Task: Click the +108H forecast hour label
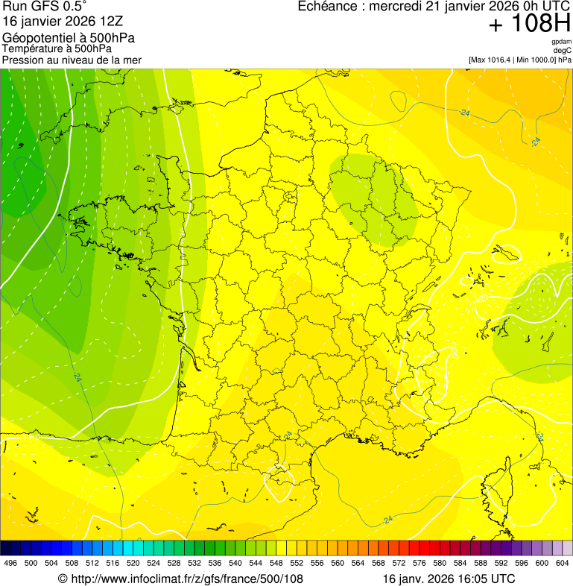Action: tap(529, 24)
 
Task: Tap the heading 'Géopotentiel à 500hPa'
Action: tap(69, 37)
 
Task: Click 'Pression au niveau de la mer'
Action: tap(72, 60)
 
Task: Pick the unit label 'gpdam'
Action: tap(561, 42)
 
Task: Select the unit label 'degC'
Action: tap(563, 50)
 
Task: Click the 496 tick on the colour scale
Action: tap(10, 563)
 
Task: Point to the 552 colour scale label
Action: tap(297, 563)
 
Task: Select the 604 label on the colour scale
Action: tap(562, 563)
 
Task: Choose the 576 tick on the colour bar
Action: tap(419, 563)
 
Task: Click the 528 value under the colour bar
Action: tap(174, 563)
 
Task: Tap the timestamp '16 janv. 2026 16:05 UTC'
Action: tap(449, 579)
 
